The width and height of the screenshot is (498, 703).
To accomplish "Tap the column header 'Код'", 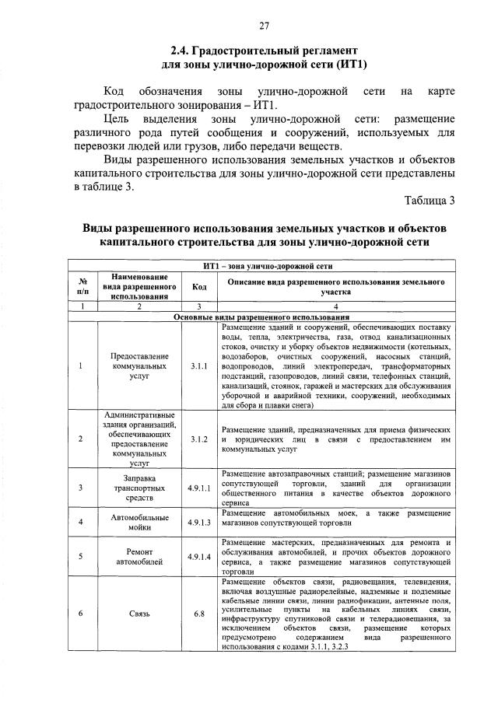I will point(199,286).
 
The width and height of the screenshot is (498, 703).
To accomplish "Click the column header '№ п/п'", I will point(82,286).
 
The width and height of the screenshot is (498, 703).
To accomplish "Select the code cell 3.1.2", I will point(199,439).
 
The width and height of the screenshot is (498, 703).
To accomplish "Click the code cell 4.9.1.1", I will point(199,488).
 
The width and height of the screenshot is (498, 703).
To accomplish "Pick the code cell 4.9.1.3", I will point(199,521).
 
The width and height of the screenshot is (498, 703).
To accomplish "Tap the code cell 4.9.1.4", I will point(199,555).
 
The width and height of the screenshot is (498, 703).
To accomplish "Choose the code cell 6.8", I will point(199,614).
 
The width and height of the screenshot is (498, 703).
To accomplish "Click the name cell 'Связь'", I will point(139,614).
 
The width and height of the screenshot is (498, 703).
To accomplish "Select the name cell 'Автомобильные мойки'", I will point(139,521).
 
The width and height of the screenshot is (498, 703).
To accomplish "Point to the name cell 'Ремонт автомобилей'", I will point(139,555).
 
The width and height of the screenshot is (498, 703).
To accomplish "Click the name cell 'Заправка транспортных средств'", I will point(139,488).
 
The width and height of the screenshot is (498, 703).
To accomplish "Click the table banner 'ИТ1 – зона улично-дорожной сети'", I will point(261,266).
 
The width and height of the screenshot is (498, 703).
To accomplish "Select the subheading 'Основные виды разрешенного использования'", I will point(261,318).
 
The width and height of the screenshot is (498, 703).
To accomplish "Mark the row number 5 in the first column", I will point(82,555).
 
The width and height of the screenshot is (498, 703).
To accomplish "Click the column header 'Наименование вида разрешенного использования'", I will point(139,286).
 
